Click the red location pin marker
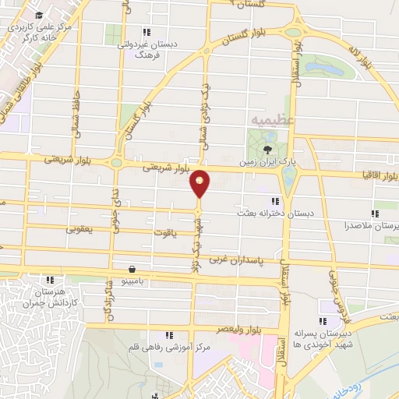(199, 183)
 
